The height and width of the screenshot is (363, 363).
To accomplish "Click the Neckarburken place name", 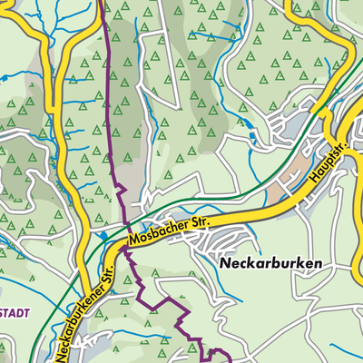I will coord(271,262).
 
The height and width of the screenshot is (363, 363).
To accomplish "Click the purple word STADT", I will coord(14,313).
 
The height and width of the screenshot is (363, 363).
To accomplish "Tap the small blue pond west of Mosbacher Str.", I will coord(110,238).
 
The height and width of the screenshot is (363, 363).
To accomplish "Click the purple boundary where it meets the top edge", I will coord(101,3).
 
